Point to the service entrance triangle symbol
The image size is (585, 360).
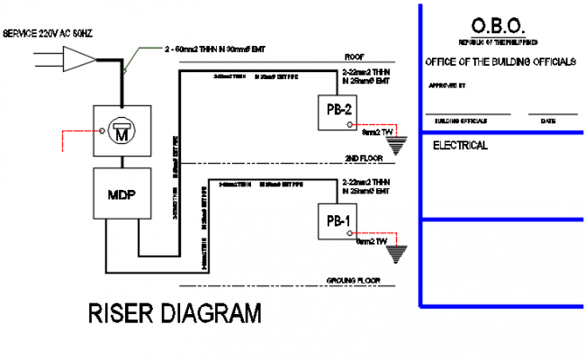tap(81, 61)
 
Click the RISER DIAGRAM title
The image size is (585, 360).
tap(175, 314)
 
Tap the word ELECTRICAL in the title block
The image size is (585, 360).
tap(460, 145)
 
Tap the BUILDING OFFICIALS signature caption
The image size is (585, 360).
tap(461, 120)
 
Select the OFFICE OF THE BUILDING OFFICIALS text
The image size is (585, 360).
tap(499, 61)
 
